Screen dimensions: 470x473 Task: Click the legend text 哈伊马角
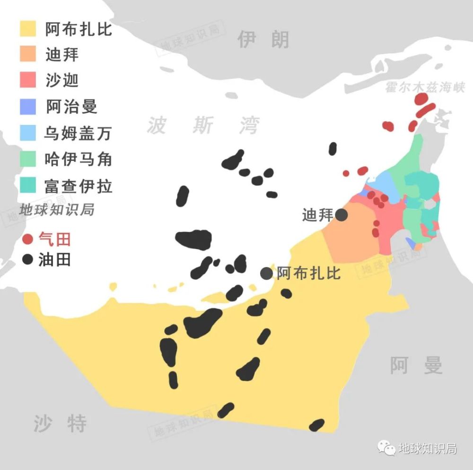pyautogui.click(x=78, y=159)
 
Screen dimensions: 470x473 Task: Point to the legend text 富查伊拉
pyautogui.click(x=78, y=186)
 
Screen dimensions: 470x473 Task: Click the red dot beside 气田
pyautogui.click(x=28, y=239)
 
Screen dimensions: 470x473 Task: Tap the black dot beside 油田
pyautogui.click(x=28, y=259)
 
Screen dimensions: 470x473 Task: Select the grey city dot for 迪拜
pyautogui.click(x=342, y=215)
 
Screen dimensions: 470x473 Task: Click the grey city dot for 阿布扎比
pyautogui.click(x=267, y=273)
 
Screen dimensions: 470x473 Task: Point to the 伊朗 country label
pyautogui.click(x=263, y=39)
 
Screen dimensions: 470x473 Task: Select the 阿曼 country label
pyautogui.click(x=416, y=365)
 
